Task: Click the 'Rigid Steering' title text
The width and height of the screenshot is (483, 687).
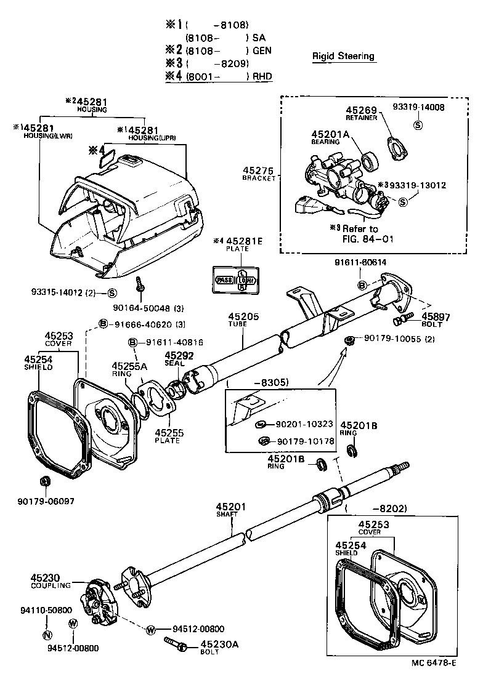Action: click(x=343, y=56)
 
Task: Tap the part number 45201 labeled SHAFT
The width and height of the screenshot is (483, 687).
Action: click(x=231, y=507)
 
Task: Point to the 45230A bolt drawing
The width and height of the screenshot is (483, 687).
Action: click(x=177, y=643)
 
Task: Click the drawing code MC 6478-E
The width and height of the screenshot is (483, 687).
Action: click(x=435, y=663)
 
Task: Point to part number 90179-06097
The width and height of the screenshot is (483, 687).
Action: click(x=46, y=501)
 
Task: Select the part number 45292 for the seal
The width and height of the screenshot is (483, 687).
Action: click(x=179, y=355)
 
